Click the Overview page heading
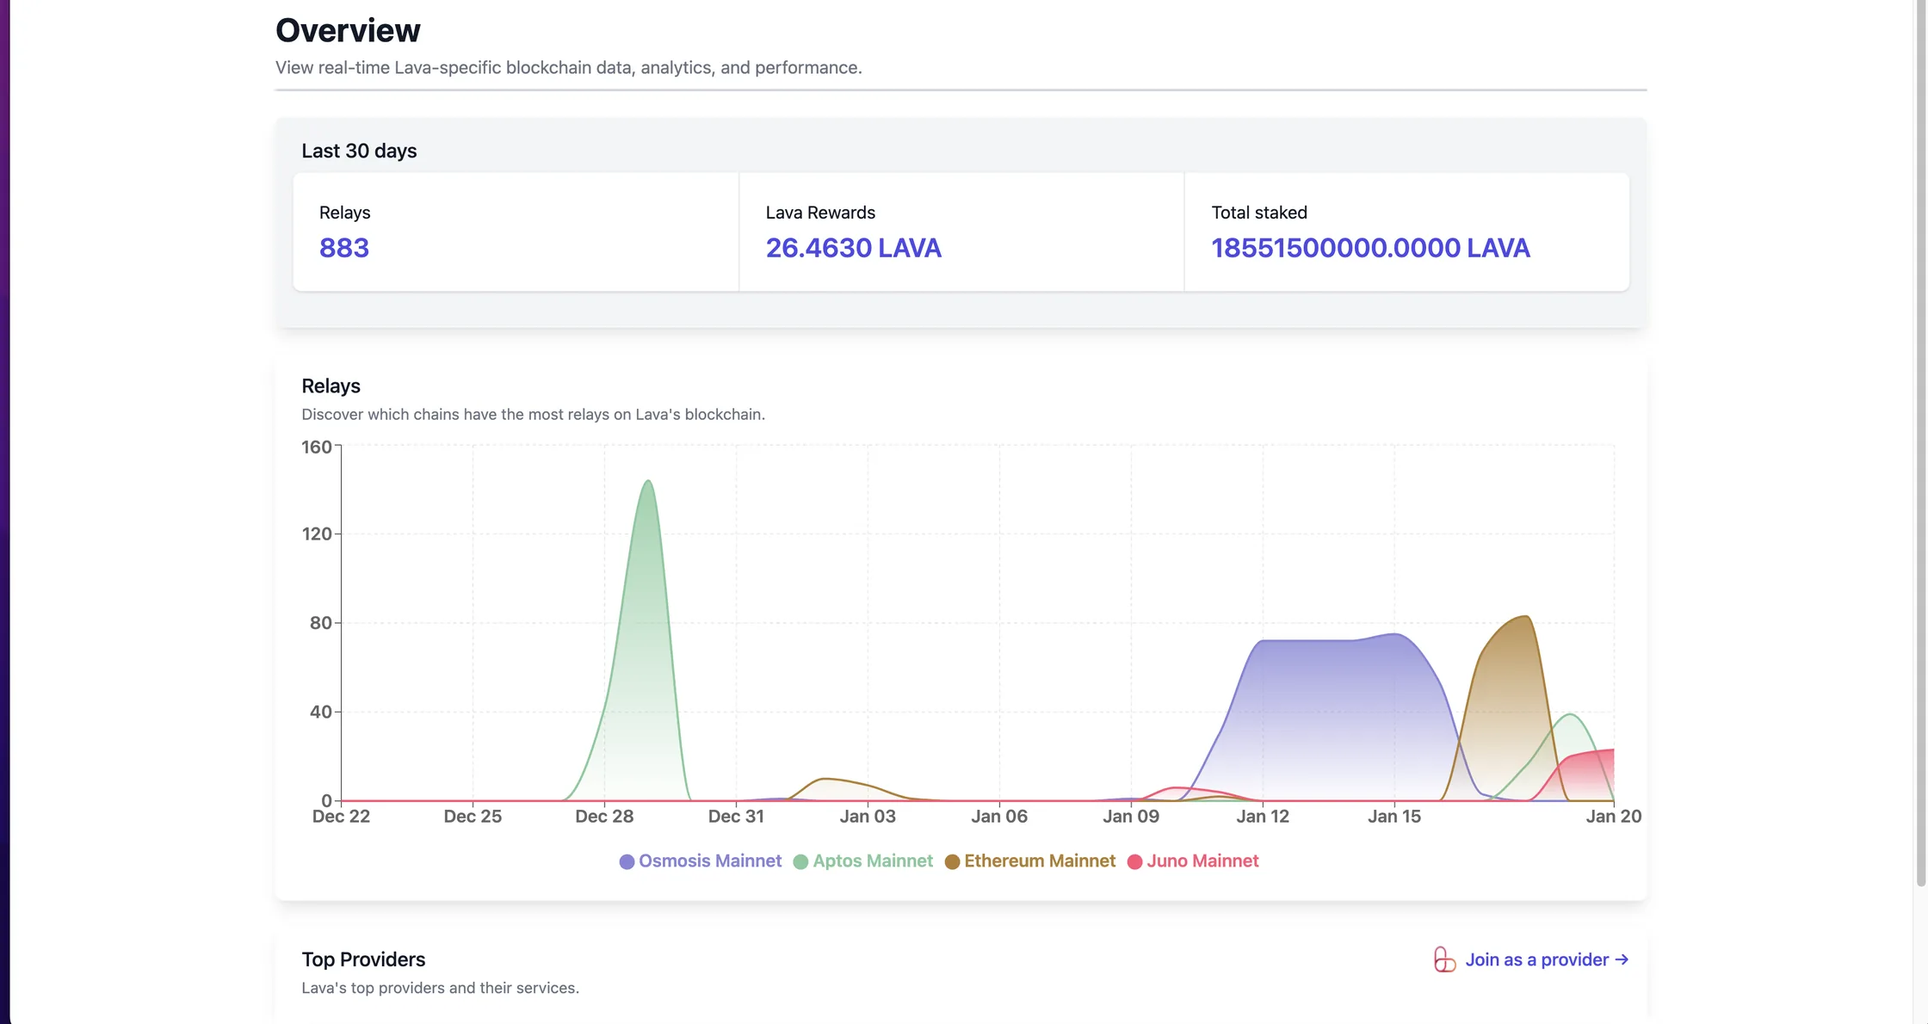tap(348, 30)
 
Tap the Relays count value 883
tap(344, 248)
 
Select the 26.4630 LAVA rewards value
tap(853, 248)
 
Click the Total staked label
tap(1259, 213)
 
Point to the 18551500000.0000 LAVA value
tap(1370, 248)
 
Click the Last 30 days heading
tap(359, 151)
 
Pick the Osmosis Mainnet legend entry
tap(701, 861)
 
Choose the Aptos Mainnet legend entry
tap(862, 861)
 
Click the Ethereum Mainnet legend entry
tap(1030, 861)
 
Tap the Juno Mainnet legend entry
tap(1193, 861)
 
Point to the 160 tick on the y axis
tap(317, 447)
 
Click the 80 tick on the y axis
tap(321, 623)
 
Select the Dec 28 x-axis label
tap(604, 817)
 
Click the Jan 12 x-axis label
tap(1263, 817)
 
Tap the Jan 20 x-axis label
tap(1614, 817)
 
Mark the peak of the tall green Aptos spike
tap(648, 480)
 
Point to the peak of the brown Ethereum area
tap(1525, 616)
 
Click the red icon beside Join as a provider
tap(1445, 959)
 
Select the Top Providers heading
tap(363, 959)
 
